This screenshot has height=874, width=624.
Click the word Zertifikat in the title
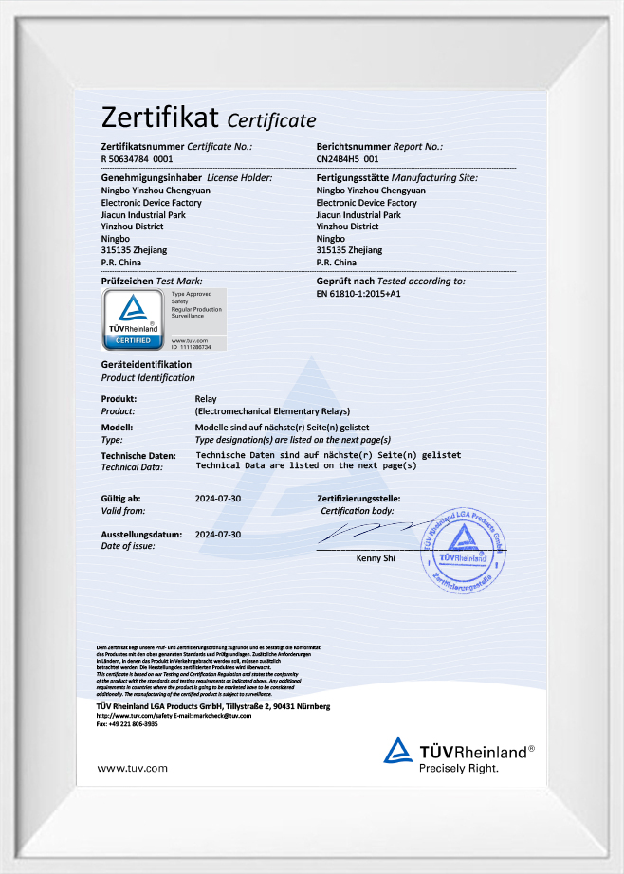pyautogui.click(x=160, y=118)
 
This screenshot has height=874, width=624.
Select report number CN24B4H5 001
pyautogui.click(x=352, y=160)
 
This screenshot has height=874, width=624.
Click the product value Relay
pyautogui.click(x=206, y=399)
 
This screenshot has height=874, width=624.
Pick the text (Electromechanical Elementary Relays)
pyautogui.click(x=272, y=411)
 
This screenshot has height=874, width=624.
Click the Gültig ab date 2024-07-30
pyautogui.click(x=218, y=499)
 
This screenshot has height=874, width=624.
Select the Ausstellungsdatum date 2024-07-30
pyautogui.click(x=218, y=535)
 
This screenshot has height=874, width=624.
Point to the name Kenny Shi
pyautogui.click(x=376, y=559)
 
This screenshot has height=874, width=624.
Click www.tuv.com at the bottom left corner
pyautogui.click(x=133, y=767)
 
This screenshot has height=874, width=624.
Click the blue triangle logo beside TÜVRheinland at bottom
pyautogui.click(x=398, y=751)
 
